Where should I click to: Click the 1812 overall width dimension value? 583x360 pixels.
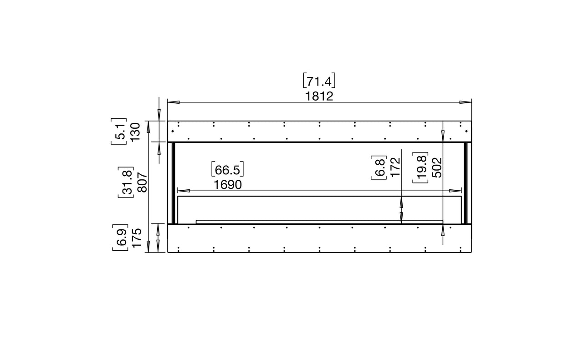pyautogui.click(x=319, y=96)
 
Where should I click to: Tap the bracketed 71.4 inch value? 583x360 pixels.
pyautogui.click(x=319, y=81)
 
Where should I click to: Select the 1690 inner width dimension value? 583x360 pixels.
pyautogui.click(x=228, y=185)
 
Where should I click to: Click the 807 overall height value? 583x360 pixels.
pyautogui.click(x=143, y=183)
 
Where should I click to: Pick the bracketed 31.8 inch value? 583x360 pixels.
pyautogui.click(x=126, y=183)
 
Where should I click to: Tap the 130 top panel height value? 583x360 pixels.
pyautogui.click(x=135, y=132)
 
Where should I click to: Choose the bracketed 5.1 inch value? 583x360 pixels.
pyautogui.click(x=119, y=132)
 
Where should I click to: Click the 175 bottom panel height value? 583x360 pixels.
pyautogui.click(x=137, y=238)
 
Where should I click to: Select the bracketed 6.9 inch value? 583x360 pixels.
pyautogui.click(x=120, y=238)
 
